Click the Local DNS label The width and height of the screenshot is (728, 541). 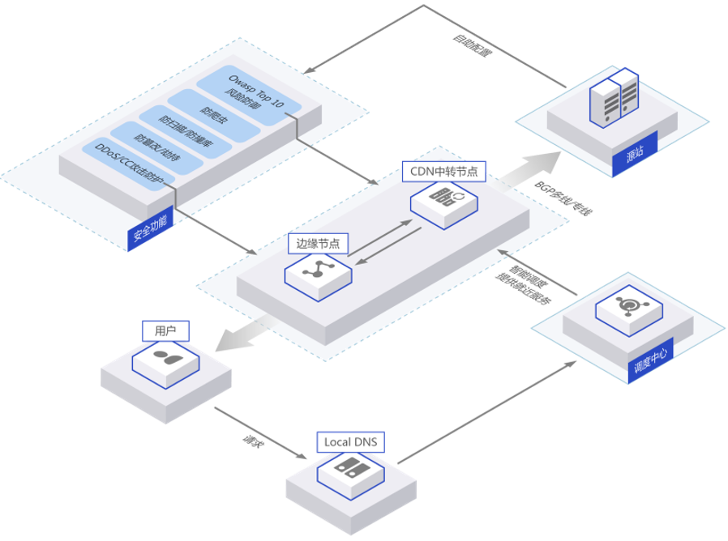[350, 442]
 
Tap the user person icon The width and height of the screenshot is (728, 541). [166, 357]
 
